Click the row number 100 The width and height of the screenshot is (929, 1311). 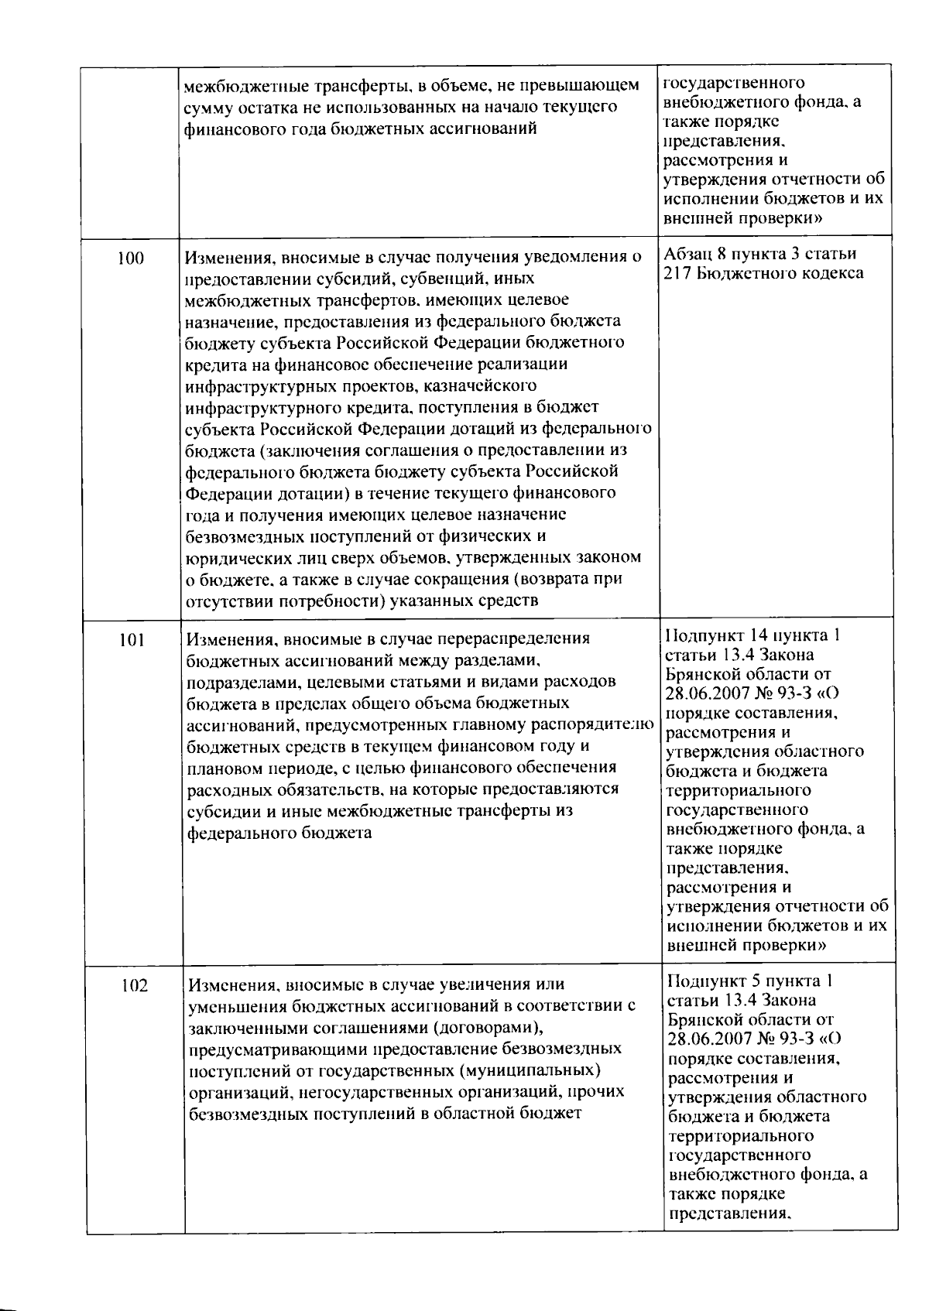coord(131,258)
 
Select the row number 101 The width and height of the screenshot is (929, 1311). coord(133,640)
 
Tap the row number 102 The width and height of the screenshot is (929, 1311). coord(135,986)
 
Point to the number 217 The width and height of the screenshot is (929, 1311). coord(679,273)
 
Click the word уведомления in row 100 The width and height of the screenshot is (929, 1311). coord(584,257)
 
